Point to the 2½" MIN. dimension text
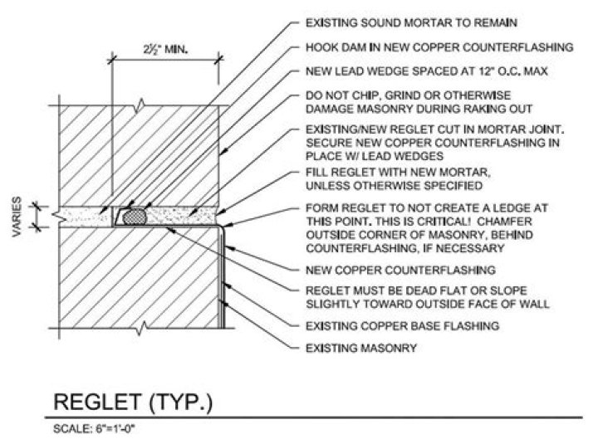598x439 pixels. [x=162, y=50]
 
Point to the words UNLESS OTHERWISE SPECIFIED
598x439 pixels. [x=376, y=186]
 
